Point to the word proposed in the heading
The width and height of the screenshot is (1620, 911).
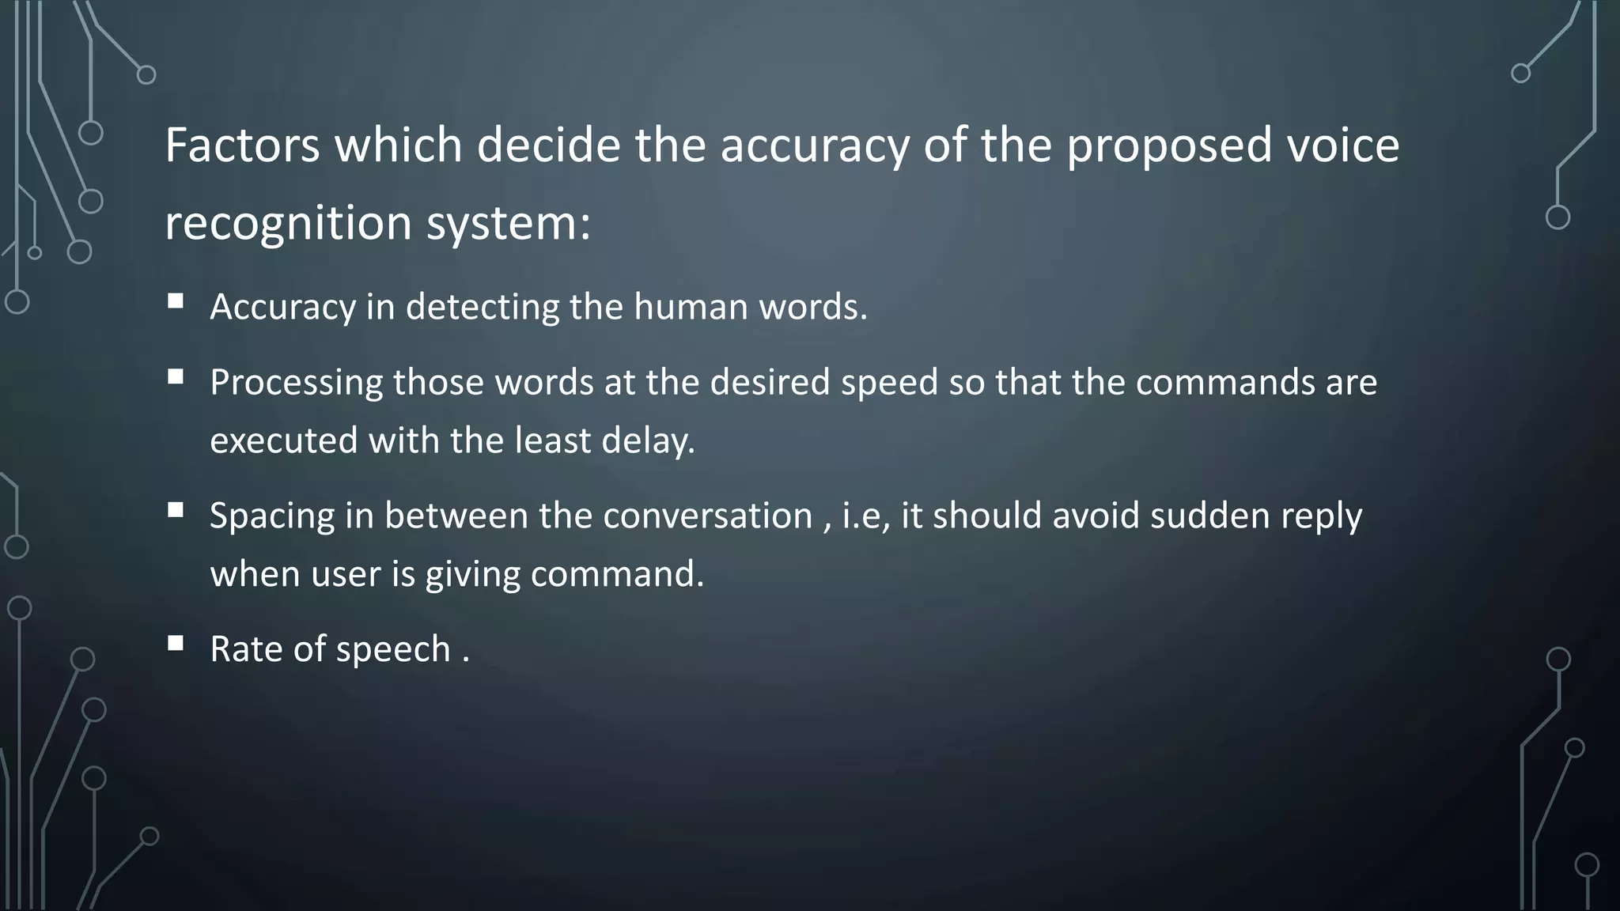point(1169,147)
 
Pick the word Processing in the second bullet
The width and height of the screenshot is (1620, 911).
point(297,384)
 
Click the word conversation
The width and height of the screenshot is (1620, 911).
point(707,516)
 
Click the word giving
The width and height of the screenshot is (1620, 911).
point(472,575)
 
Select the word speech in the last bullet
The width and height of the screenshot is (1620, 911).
point(393,651)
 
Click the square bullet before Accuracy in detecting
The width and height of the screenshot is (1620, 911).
point(176,301)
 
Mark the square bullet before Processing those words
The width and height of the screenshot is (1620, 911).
point(176,376)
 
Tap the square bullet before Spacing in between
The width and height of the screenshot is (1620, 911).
point(176,510)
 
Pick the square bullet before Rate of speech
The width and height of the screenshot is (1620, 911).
point(176,643)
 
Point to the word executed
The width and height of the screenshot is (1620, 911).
point(283,441)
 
